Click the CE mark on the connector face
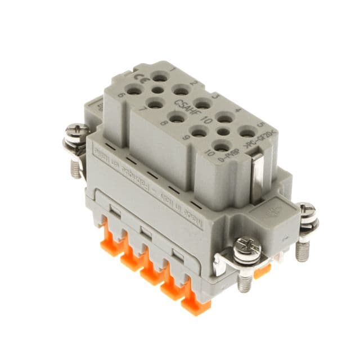coord(137,78)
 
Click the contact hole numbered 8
coord(176,117)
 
